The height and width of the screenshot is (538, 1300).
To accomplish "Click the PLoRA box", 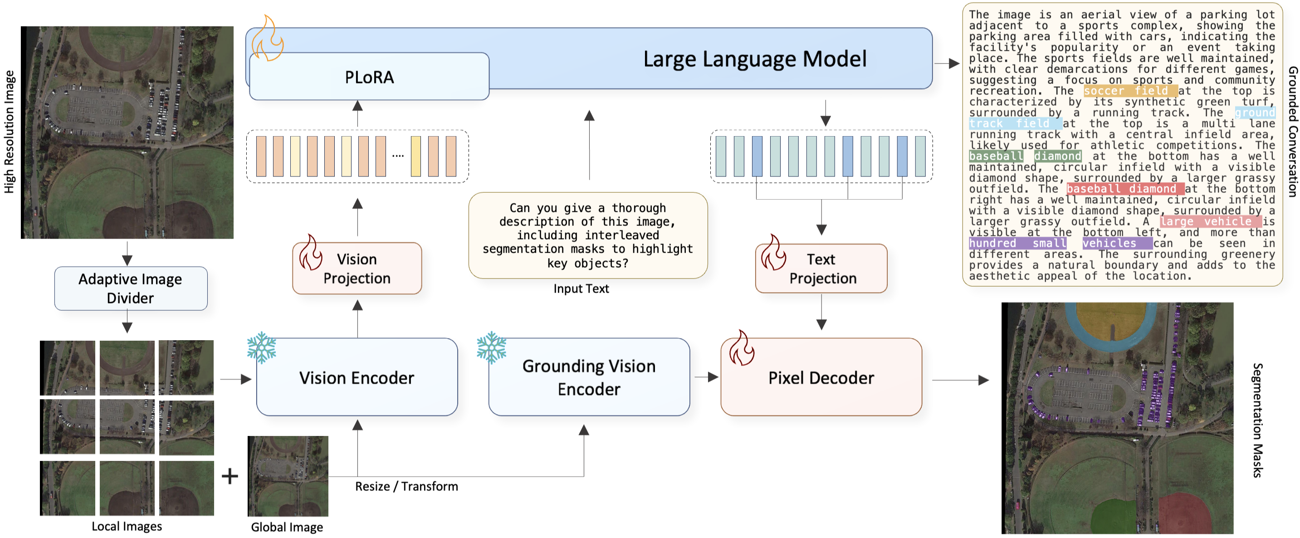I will point(369,77).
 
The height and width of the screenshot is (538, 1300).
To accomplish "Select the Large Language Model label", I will point(754,59).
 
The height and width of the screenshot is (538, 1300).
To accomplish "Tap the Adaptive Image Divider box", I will point(131,288).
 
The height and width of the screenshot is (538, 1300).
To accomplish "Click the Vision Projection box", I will point(357,269).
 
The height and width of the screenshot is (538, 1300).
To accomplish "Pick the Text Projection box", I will point(821,269).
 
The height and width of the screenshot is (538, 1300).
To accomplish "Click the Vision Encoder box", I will point(357,377).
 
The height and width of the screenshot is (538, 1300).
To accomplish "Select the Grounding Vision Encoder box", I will point(588,377).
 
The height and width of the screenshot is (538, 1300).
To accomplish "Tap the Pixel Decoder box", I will point(821,377).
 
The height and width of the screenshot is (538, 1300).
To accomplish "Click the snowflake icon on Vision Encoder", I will point(261,348).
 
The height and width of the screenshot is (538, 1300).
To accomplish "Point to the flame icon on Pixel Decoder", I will point(741,348).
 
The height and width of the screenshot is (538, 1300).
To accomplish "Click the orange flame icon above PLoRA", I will point(267,39).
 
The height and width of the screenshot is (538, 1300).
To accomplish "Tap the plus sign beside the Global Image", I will point(230,476).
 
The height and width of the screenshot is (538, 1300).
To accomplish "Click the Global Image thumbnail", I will point(288,476).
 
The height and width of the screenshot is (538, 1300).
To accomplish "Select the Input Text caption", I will point(581,289).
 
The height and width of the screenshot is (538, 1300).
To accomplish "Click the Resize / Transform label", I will point(406,487).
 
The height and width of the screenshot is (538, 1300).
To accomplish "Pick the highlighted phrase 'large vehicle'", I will point(1210,221).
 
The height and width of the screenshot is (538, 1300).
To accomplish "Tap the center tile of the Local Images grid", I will point(127,427).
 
